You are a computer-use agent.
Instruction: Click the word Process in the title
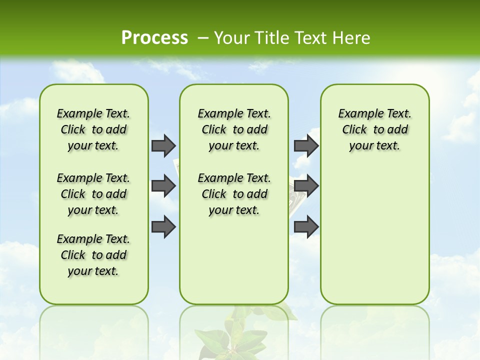coord(154,38)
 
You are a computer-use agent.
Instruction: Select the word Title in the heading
coord(270,38)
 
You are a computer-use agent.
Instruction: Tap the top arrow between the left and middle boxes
coord(163,145)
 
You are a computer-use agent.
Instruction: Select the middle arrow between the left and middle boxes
coord(163,186)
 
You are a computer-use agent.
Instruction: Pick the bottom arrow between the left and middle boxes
coord(163,226)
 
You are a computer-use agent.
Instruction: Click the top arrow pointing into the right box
coord(306,145)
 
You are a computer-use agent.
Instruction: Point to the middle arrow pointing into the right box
coord(306,186)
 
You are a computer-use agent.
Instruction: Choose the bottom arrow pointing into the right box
coord(306,226)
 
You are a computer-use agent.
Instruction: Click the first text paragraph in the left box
coord(93,129)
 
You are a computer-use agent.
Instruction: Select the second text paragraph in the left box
coord(93,194)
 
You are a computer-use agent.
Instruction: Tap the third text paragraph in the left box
coord(93,255)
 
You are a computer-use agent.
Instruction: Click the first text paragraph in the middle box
coord(234,129)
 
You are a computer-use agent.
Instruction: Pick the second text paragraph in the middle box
coord(234,194)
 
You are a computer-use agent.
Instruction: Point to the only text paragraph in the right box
coord(374,129)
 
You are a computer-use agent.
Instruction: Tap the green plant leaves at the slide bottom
coord(235,335)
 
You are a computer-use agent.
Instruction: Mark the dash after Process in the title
coord(203,38)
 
